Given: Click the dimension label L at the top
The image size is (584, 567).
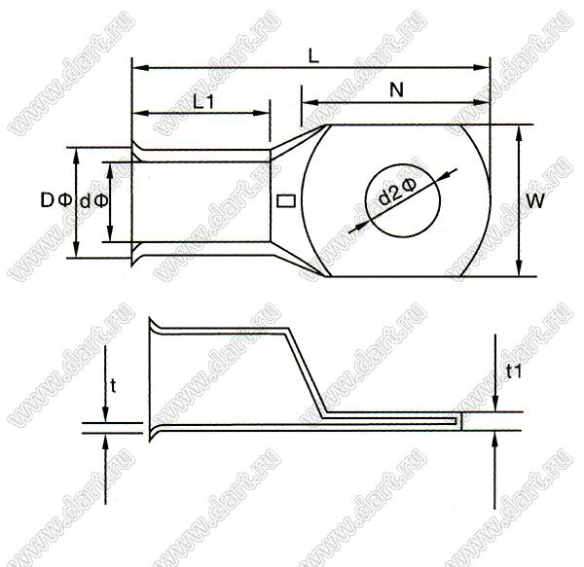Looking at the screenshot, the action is click(x=314, y=56).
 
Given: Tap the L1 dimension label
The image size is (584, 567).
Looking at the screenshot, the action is click(x=203, y=101).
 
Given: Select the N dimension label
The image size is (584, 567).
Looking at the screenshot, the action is click(x=397, y=89).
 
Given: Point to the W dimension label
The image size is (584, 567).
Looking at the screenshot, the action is click(x=535, y=201).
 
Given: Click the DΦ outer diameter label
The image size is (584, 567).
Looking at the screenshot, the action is click(x=56, y=200).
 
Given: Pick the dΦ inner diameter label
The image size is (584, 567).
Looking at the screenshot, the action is click(x=94, y=201).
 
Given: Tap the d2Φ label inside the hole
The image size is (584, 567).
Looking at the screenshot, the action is click(x=397, y=192).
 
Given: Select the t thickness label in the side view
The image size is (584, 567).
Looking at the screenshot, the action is click(x=113, y=386).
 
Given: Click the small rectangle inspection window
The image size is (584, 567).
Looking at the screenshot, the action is click(x=287, y=201).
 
